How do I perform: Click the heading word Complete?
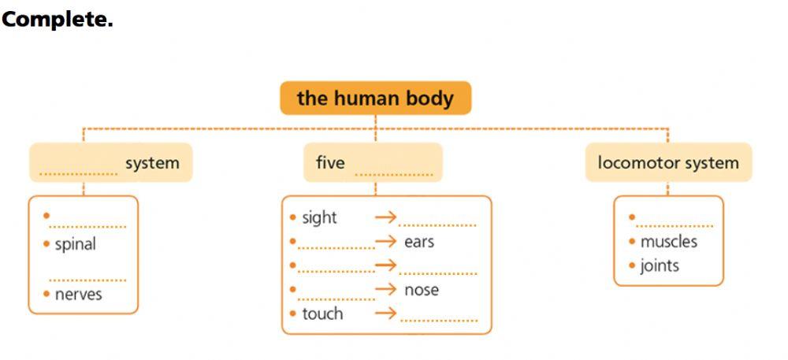tap(57, 20)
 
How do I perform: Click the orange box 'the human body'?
tap(375, 98)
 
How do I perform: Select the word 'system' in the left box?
tap(152, 163)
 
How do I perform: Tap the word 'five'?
tap(330, 163)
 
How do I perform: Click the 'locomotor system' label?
tap(668, 163)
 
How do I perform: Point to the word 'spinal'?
tap(75, 244)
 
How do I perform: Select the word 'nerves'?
tap(78, 295)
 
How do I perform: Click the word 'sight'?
tap(319, 217)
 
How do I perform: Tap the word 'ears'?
tap(419, 242)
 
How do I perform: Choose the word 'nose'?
tap(422, 290)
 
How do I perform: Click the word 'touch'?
tap(322, 314)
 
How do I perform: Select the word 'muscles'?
tap(669, 242)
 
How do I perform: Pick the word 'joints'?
tap(660, 265)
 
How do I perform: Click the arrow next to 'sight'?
tap(385, 217)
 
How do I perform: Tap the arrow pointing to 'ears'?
tap(385, 241)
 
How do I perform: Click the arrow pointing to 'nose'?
tap(385, 289)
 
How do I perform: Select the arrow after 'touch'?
tap(385, 314)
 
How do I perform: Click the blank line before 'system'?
tap(78, 173)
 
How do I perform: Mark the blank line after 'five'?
tap(394, 173)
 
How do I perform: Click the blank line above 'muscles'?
tap(675, 225)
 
